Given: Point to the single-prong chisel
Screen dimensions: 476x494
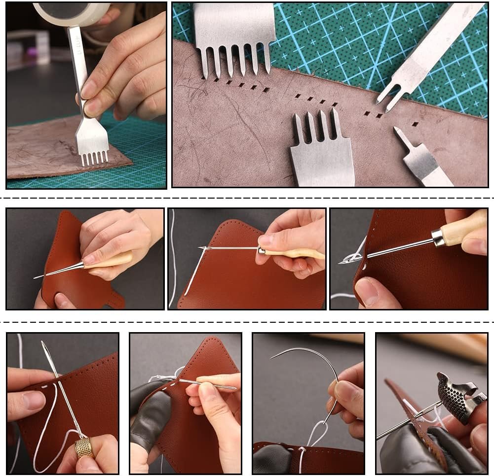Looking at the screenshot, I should pos(415,158).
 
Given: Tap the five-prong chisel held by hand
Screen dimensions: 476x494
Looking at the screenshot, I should pos(91,143).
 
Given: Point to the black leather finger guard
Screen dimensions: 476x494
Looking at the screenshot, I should pos(151,414).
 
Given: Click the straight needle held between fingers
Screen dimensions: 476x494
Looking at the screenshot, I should pos(207,384).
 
